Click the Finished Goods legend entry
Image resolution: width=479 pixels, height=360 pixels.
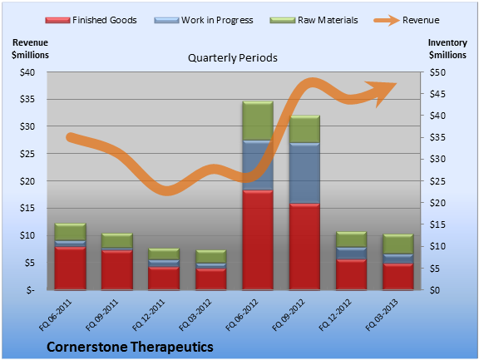pyautogui.click(x=91, y=20)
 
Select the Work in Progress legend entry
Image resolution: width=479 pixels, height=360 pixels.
pyautogui.click(x=204, y=20)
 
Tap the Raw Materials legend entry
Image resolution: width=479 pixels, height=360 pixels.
pyautogui.click(x=314, y=20)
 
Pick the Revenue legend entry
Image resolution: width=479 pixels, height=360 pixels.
pyautogui.click(x=407, y=20)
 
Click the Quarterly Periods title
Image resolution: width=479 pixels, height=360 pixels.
pyautogui.click(x=233, y=57)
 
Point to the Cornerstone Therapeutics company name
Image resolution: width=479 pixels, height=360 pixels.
pyautogui.click(x=130, y=347)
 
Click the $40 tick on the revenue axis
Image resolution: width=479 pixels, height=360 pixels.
pyautogui.click(x=27, y=72)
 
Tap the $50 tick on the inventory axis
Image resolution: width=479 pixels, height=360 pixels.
pyautogui.click(x=437, y=72)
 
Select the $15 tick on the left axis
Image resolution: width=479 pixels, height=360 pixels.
pyautogui.click(x=27, y=208)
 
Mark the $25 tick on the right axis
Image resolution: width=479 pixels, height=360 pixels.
pyautogui.click(x=437, y=181)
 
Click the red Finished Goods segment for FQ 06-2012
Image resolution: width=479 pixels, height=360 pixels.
pyautogui.click(x=258, y=239)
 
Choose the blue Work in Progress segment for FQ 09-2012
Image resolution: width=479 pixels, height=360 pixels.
pyautogui.click(x=304, y=173)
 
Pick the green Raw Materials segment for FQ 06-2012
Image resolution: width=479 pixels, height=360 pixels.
pyautogui.click(x=258, y=121)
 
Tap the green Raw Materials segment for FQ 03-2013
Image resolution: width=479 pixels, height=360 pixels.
pyautogui.click(x=398, y=244)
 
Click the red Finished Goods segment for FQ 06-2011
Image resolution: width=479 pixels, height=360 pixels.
pyautogui.click(x=70, y=268)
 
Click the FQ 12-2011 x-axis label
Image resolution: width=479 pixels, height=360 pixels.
pyautogui.click(x=149, y=315)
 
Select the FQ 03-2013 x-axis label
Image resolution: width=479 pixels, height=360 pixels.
pyautogui.click(x=382, y=315)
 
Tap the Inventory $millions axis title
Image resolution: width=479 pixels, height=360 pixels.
pyautogui.click(x=447, y=49)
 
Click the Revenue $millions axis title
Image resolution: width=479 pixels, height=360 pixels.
pyautogui.click(x=30, y=49)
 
